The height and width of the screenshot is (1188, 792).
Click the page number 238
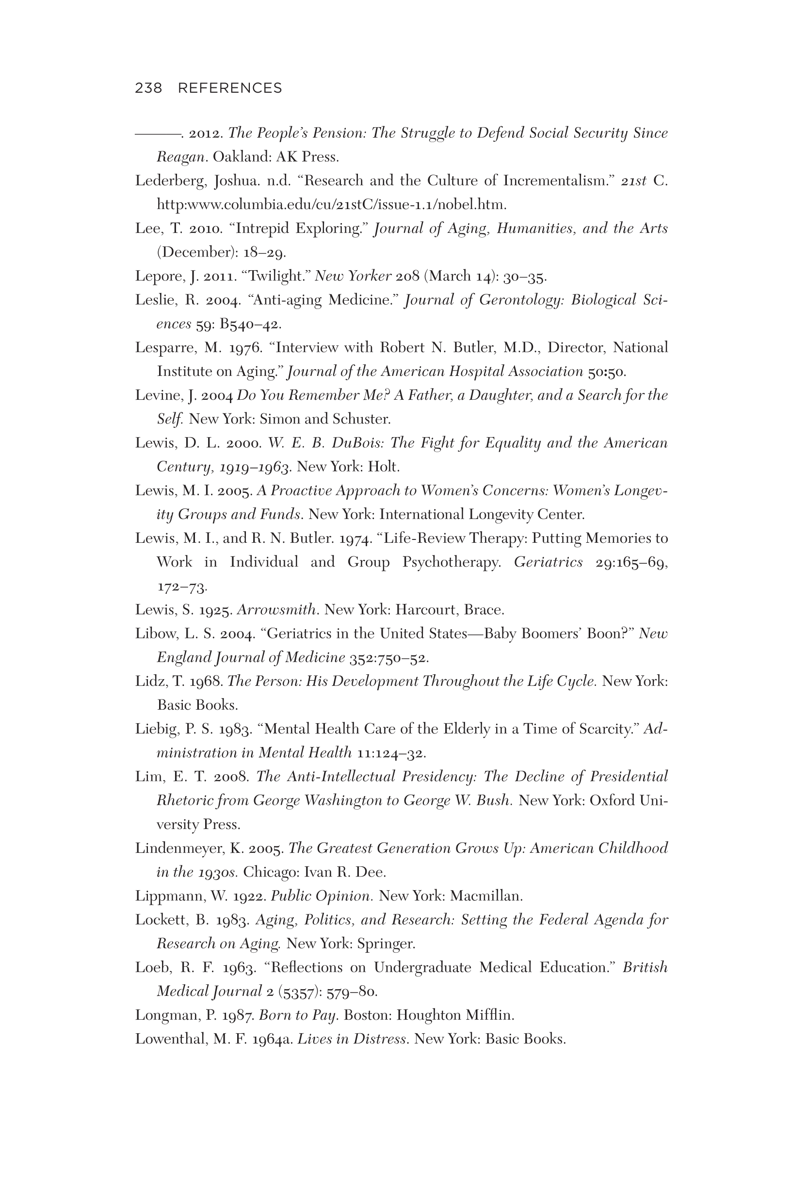pos(148,88)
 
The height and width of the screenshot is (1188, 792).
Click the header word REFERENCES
pos(230,88)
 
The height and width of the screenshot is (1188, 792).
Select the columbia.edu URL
pos(331,205)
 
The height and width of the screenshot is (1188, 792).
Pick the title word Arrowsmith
pos(277,610)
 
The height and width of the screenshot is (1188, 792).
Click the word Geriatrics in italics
pos(548,562)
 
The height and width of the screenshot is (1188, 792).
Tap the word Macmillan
pos(485,896)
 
